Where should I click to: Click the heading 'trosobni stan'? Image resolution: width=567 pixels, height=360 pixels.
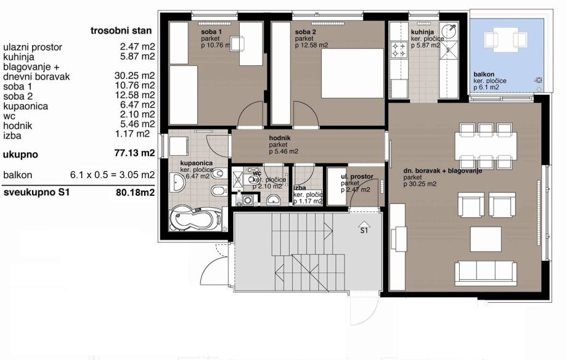point(121,31)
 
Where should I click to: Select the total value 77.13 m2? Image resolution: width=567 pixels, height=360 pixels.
point(134,153)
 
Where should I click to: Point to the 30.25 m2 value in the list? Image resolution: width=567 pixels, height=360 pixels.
point(134,76)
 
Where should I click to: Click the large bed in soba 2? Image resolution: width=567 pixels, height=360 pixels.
point(353,73)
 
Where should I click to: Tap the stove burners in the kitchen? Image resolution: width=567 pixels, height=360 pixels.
point(399,51)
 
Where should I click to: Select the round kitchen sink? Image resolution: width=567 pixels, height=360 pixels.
point(449,31)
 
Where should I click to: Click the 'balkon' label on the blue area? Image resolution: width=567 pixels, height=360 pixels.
point(484,75)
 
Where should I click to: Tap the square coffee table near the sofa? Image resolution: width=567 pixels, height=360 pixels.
point(486,239)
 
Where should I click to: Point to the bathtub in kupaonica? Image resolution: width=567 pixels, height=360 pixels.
point(195,218)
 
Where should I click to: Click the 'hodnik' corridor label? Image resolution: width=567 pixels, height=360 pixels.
point(280,138)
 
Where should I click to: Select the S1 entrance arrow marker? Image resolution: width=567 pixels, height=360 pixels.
point(364,227)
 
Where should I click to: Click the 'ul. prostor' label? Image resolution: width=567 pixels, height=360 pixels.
point(357,176)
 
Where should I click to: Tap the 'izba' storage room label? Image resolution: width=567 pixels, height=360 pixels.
point(300,188)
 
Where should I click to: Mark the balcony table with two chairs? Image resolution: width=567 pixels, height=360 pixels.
point(505,40)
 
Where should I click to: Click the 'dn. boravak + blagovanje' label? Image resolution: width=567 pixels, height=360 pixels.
point(443,171)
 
